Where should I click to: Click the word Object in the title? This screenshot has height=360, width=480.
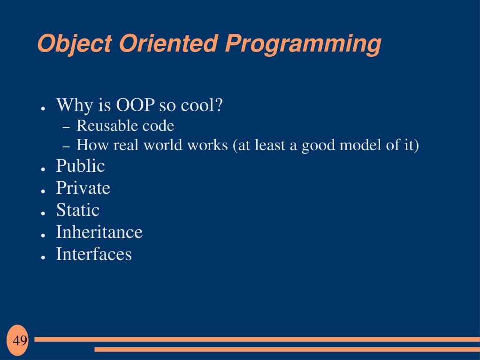(x=75, y=44)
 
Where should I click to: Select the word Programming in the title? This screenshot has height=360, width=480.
(x=303, y=45)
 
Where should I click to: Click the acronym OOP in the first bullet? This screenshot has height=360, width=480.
(x=135, y=105)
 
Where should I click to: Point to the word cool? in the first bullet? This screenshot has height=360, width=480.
(x=201, y=105)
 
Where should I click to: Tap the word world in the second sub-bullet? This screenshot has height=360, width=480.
(x=163, y=145)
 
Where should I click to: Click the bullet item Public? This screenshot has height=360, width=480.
(x=81, y=166)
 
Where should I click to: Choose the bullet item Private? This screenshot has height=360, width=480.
(x=83, y=188)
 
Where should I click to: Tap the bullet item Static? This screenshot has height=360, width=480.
(x=78, y=210)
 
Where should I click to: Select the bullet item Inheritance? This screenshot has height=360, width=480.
(x=99, y=232)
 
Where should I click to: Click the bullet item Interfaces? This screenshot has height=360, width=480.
(x=94, y=254)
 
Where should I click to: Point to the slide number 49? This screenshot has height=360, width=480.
(x=20, y=340)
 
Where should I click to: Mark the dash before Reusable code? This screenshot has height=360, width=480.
(x=67, y=128)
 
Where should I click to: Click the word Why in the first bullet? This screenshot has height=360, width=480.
(x=75, y=106)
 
